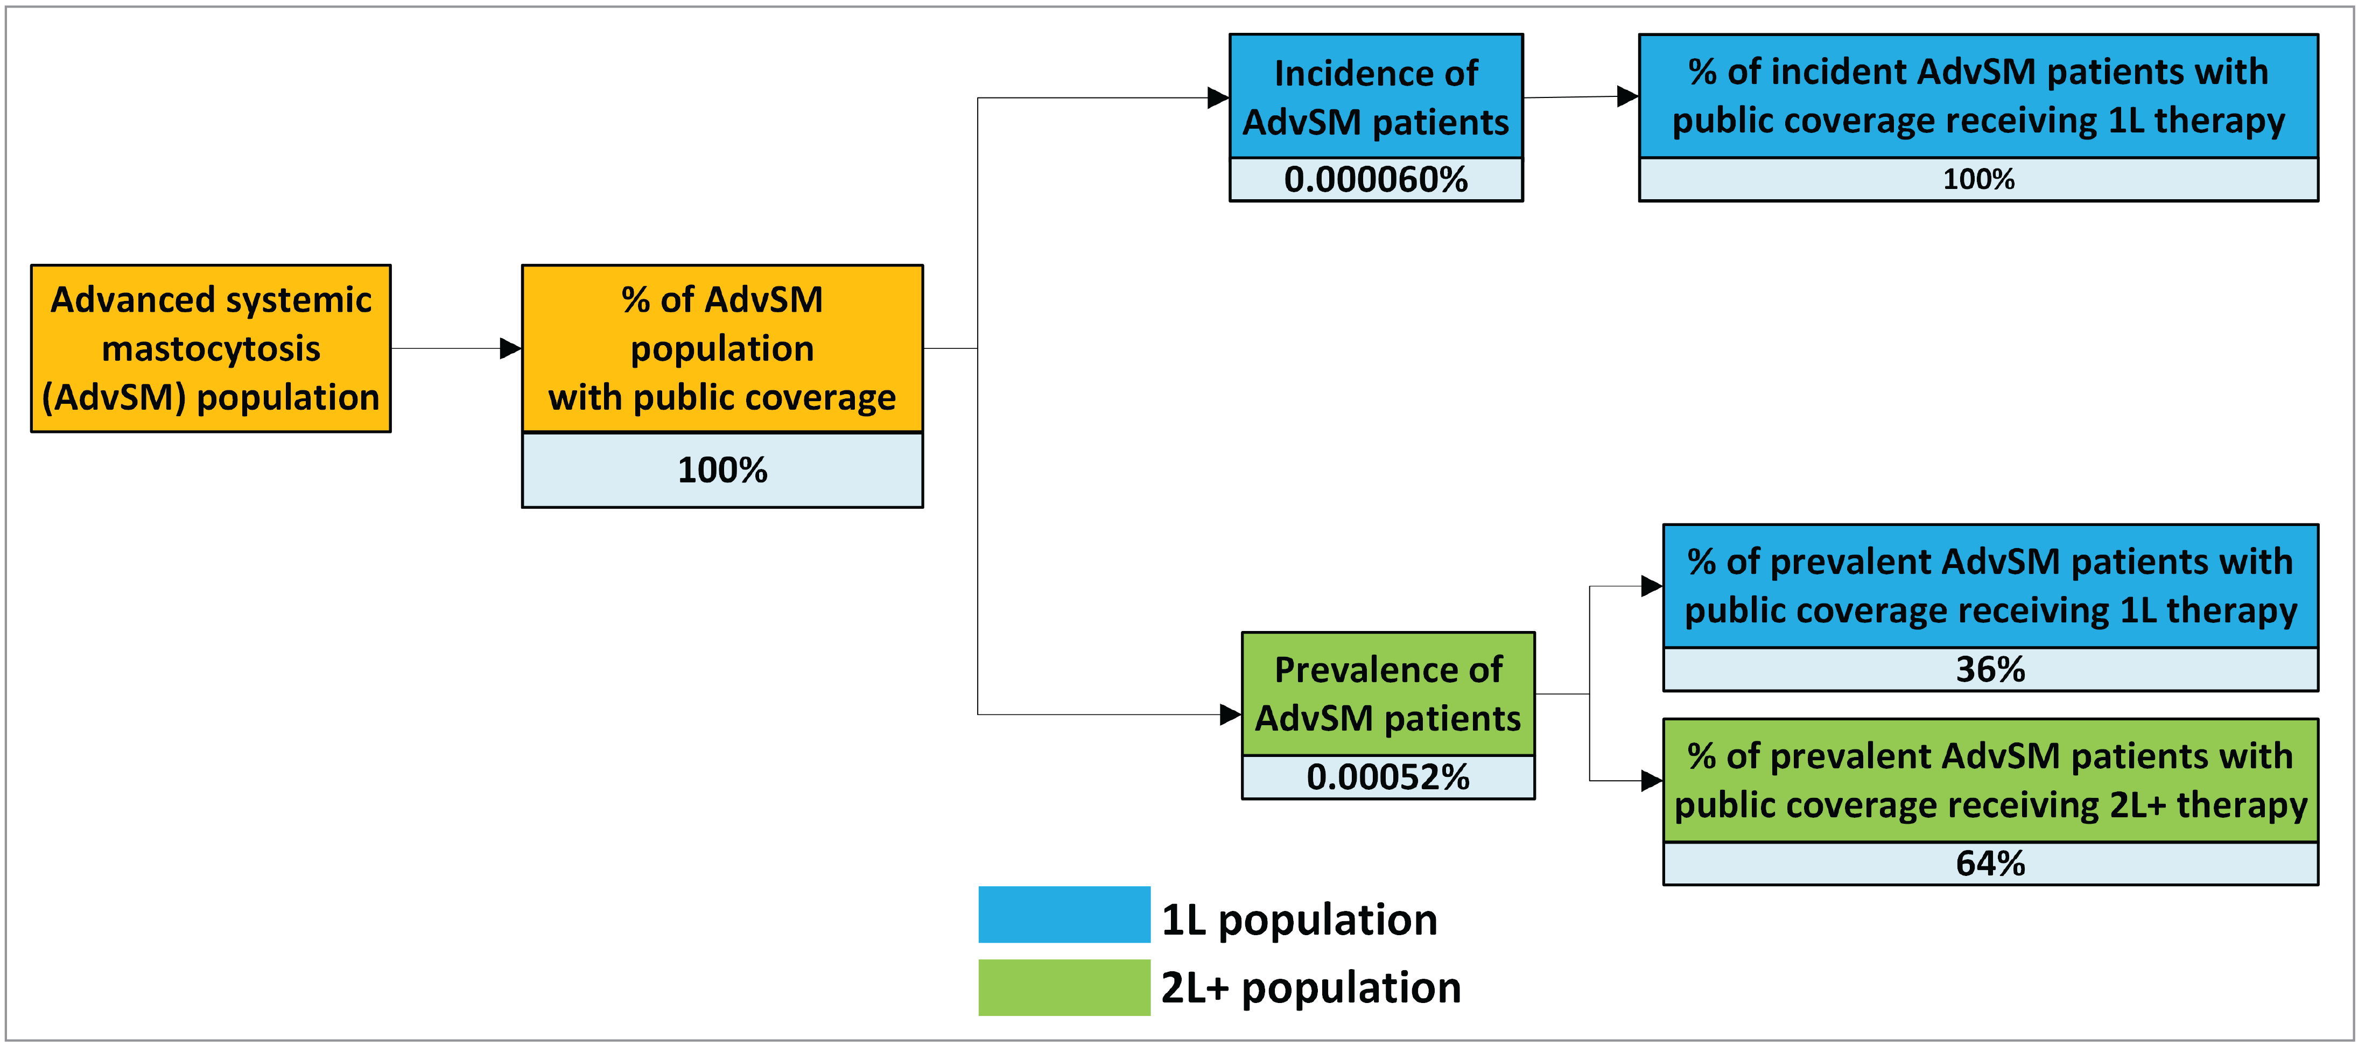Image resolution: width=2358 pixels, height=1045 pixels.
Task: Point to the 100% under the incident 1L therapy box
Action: (1978, 179)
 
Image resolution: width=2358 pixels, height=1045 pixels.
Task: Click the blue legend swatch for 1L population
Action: (1064, 914)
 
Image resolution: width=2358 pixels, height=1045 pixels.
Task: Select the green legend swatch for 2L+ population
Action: (1064, 987)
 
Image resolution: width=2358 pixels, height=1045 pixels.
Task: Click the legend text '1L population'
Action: (1299, 920)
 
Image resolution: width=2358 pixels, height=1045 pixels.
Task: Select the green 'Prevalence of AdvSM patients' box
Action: (1388, 693)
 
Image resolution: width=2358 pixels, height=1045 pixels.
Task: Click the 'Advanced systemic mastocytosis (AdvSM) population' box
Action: (210, 349)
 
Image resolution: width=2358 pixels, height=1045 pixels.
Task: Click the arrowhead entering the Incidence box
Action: (1218, 98)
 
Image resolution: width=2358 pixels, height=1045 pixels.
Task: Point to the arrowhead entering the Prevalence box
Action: (1231, 714)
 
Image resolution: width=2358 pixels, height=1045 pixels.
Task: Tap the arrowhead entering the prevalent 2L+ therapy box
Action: (1652, 781)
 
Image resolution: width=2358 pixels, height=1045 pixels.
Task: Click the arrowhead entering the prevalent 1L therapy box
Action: (1652, 586)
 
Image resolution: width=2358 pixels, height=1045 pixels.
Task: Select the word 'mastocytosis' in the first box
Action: (210, 349)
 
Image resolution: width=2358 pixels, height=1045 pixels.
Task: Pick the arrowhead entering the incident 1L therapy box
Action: (1627, 96)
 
